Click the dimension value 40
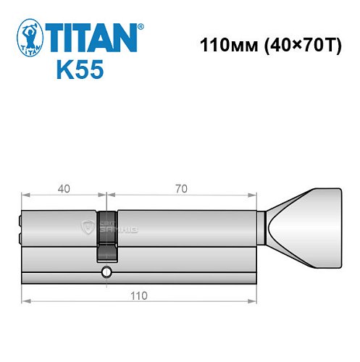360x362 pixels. click(64, 189)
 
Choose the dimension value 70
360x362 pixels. click(181, 189)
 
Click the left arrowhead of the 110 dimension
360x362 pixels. click(25, 302)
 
